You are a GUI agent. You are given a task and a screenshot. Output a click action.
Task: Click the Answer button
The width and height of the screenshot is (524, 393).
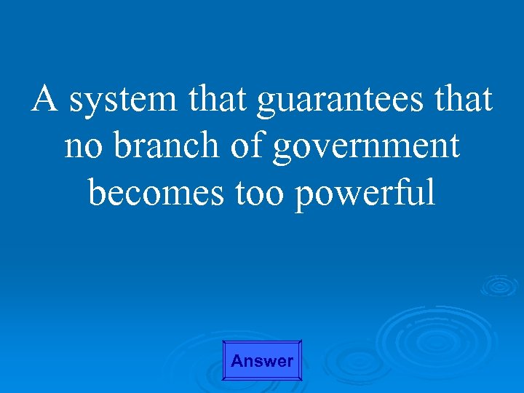tap(262, 360)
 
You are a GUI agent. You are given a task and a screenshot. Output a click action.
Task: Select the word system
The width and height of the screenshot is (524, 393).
tap(123, 100)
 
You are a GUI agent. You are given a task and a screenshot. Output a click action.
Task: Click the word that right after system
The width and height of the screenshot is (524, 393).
tap(217, 99)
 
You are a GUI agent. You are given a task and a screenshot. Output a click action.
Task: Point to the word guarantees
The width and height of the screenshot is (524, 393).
tap(339, 102)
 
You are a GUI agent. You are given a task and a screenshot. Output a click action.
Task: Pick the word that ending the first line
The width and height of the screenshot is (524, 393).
tap(462, 99)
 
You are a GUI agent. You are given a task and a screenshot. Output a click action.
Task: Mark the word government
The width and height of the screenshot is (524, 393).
tap(366, 147)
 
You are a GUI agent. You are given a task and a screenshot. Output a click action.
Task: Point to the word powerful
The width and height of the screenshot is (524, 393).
tap(365, 194)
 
